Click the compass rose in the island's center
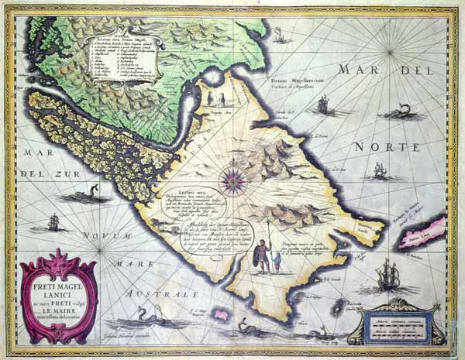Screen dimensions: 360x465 (231, 180)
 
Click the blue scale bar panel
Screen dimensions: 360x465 (388, 324)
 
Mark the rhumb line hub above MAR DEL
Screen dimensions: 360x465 (386, 49)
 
